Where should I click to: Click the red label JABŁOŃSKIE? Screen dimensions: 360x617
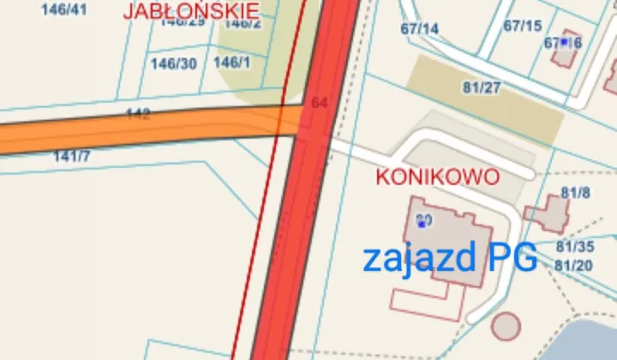[x=191, y=10]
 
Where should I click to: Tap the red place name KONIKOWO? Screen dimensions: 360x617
[x=438, y=177]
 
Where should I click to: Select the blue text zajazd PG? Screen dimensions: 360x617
[x=450, y=257]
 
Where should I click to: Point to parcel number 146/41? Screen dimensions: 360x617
[x=63, y=9]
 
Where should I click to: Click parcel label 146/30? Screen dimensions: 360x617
[x=173, y=63]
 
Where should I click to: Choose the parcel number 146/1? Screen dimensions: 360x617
[x=231, y=63]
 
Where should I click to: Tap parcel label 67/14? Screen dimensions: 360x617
[x=419, y=29]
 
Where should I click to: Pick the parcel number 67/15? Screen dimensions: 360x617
[x=523, y=26]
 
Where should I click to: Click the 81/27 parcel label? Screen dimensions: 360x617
[x=481, y=87]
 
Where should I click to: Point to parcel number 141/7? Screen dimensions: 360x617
[x=72, y=156]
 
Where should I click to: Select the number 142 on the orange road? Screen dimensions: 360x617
[x=138, y=114]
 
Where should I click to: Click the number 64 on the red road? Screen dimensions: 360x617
[x=320, y=102]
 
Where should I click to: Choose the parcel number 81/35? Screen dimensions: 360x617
[x=575, y=247]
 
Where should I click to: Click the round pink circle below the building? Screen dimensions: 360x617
[x=506, y=326]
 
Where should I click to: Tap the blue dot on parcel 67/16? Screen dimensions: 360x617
[x=564, y=41]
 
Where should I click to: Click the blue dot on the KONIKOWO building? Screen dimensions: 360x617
[x=422, y=224]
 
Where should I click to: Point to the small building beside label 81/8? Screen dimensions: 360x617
[x=546, y=214]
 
